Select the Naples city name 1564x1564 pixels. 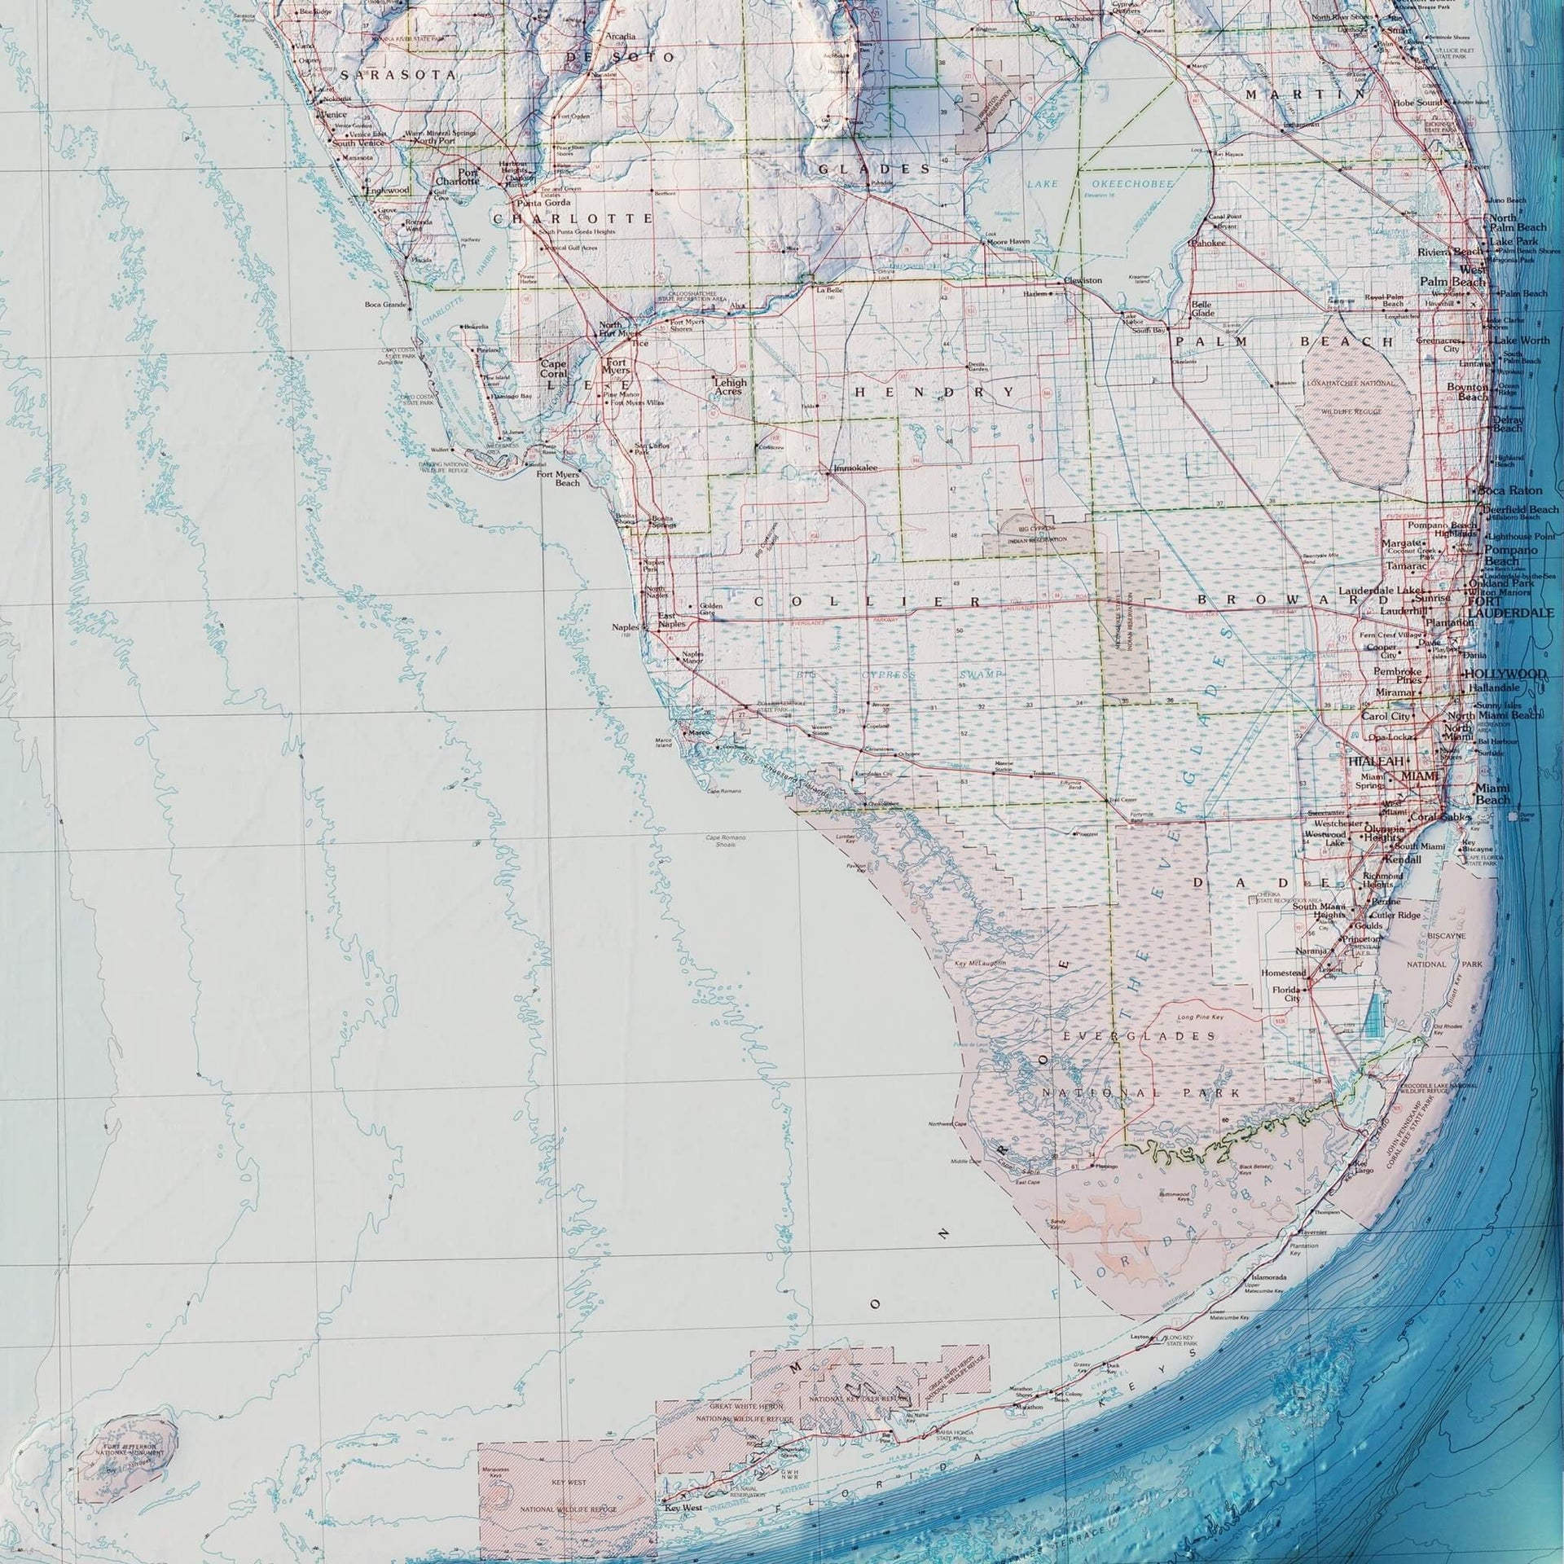pyautogui.click(x=628, y=627)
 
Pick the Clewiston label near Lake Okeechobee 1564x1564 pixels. pyautogui.click(x=1083, y=280)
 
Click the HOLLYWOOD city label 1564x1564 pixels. pyautogui.click(x=1505, y=674)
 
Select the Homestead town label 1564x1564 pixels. pyautogui.click(x=1283, y=973)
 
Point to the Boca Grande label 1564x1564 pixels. pyautogui.click(x=384, y=305)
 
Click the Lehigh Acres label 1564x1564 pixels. pyautogui.click(x=730, y=386)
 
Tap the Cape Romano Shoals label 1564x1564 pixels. pyautogui.click(x=720, y=841)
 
